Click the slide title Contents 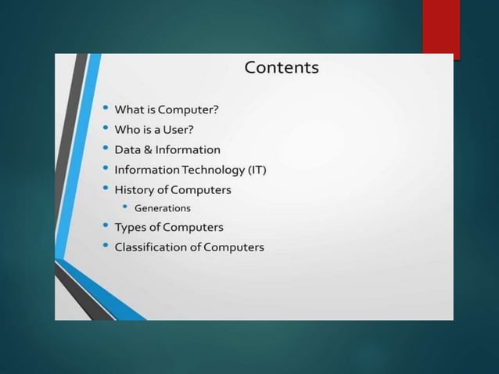tap(282, 67)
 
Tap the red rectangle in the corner tap(440, 27)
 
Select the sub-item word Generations tap(162, 208)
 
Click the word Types tap(131, 227)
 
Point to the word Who tap(127, 129)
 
